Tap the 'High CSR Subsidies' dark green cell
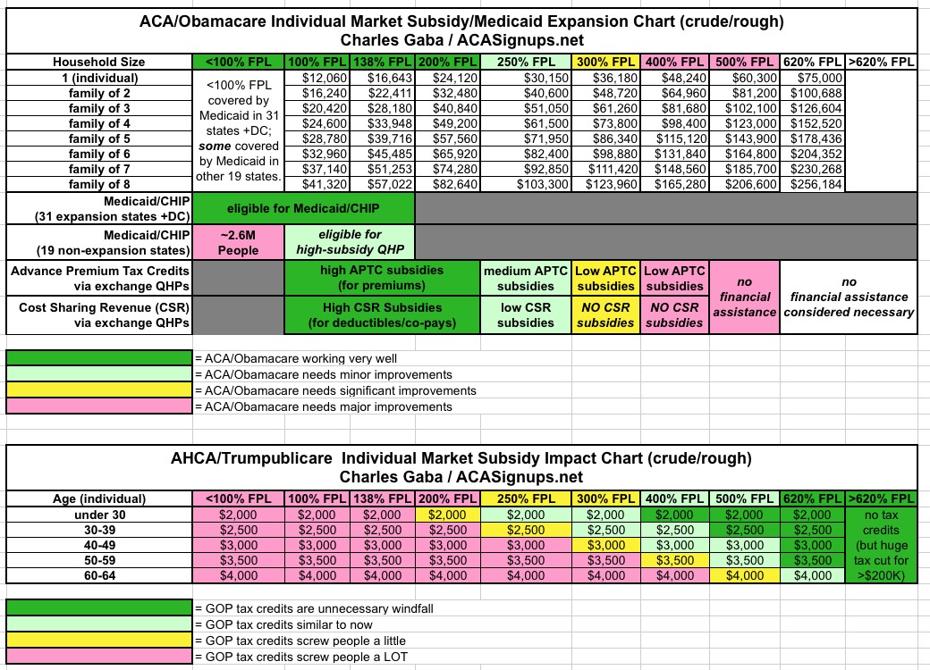(x=382, y=314)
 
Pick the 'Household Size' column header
(x=98, y=62)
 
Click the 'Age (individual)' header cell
(x=98, y=498)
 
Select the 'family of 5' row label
(x=98, y=138)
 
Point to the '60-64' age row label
(x=98, y=575)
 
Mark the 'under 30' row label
(x=98, y=515)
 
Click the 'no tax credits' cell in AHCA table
(x=880, y=545)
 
